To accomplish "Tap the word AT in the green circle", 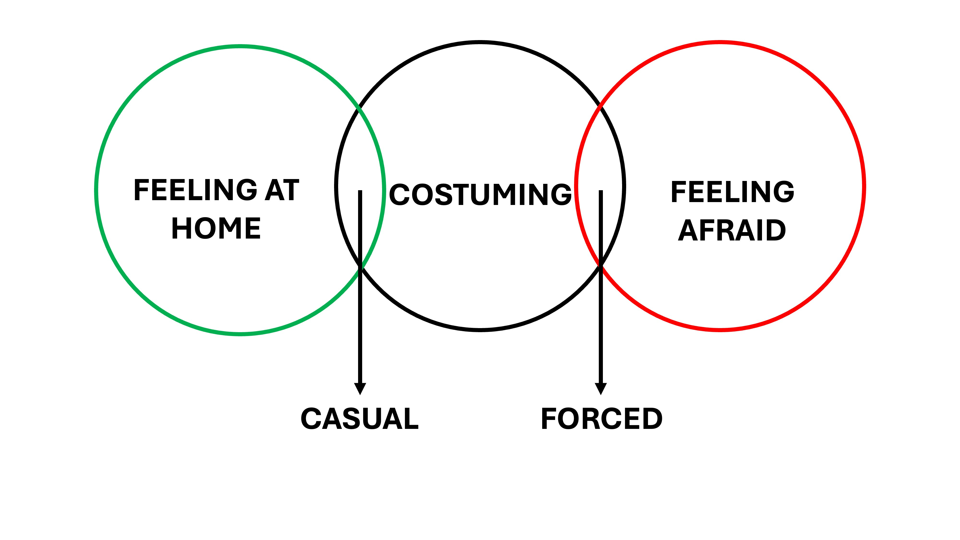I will [x=282, y=190].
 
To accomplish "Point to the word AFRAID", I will [x=732, y=230].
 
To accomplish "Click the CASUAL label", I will [x=360, y=419].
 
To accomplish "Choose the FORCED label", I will [x=601, y=419].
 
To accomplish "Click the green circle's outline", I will [x=96, y=190].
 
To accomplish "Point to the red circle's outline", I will [x=864, y=186].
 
